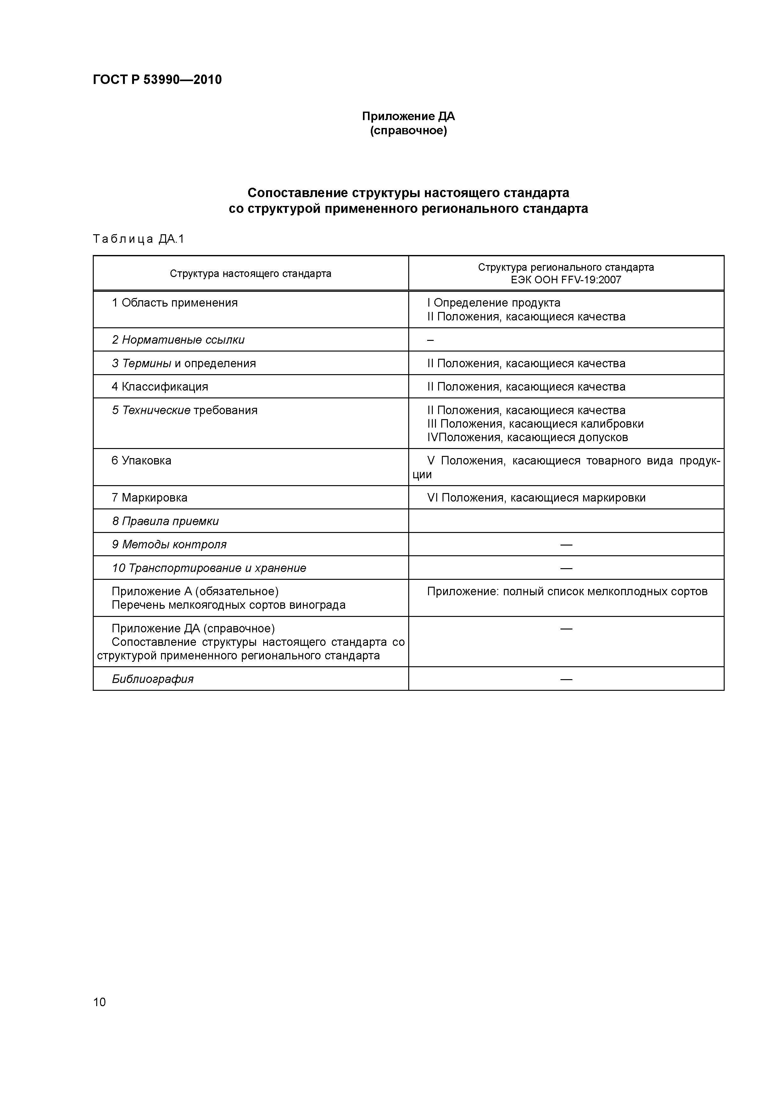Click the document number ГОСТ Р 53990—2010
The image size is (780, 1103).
point(157,80)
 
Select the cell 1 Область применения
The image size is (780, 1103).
point(175,303)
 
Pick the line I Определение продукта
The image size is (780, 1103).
point(493,303)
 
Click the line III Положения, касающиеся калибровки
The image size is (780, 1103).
point(535,424)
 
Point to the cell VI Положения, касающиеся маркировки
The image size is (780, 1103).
point(536,498)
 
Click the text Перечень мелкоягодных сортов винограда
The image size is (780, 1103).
point(228,605)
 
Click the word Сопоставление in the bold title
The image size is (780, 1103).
point(298,193)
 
